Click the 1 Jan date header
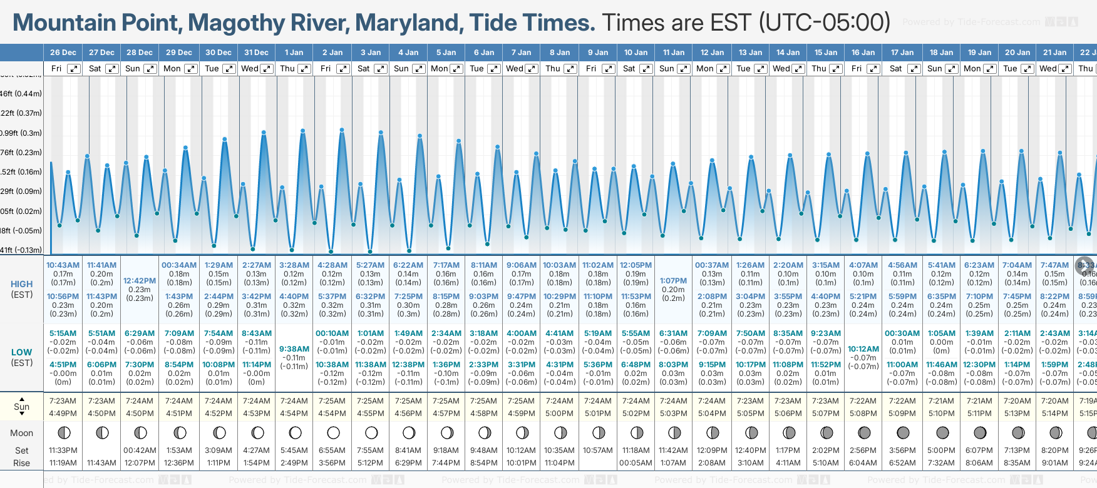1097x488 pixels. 294,53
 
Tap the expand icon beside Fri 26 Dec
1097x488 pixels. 74,69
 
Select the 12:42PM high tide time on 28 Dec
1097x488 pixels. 140,281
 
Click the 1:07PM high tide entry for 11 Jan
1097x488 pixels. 673,281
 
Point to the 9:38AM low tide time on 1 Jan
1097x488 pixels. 294,349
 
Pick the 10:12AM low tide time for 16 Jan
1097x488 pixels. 863,349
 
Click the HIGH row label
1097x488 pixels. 21,284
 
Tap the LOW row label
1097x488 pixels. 21,352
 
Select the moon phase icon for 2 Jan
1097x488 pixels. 333,432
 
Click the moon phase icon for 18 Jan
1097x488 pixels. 942,432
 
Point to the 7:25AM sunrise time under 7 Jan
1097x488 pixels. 521,401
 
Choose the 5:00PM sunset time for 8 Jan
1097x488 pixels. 559,414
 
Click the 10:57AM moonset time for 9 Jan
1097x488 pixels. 597,450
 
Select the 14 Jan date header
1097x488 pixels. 788,53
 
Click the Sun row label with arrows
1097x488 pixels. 21,407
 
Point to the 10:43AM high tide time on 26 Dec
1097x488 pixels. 63,265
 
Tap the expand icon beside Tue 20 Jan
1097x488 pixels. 1027,69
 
